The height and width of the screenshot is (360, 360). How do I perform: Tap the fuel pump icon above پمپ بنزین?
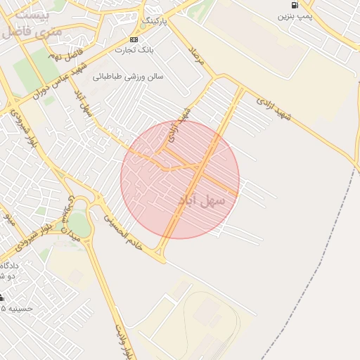click(x=294, y=5)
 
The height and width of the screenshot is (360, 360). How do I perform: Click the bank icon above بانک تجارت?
click(x=134, y=39)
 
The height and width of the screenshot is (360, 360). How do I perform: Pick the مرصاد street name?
click(x=196, y=56)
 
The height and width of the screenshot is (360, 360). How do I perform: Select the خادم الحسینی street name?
click(x=121, y=232)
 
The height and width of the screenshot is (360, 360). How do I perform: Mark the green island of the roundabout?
click(x=79, y=224)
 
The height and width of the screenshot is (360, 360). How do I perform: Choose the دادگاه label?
click(x=9, y=265)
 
